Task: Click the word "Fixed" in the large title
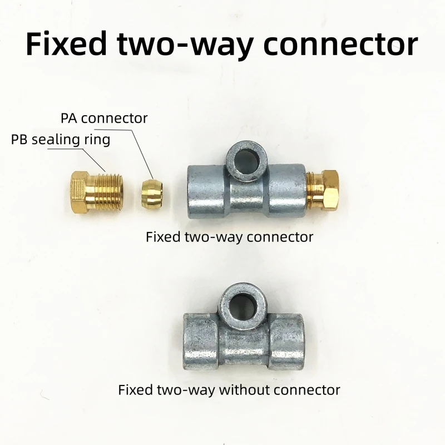[66, 43]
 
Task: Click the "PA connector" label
[104, 118]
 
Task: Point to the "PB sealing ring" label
[61, 140]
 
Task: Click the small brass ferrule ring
[152, 192]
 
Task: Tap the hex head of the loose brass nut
[79, 192]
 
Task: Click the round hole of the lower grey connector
[241, 307]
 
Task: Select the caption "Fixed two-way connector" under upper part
[229, 237]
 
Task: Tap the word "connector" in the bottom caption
[307, 390]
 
